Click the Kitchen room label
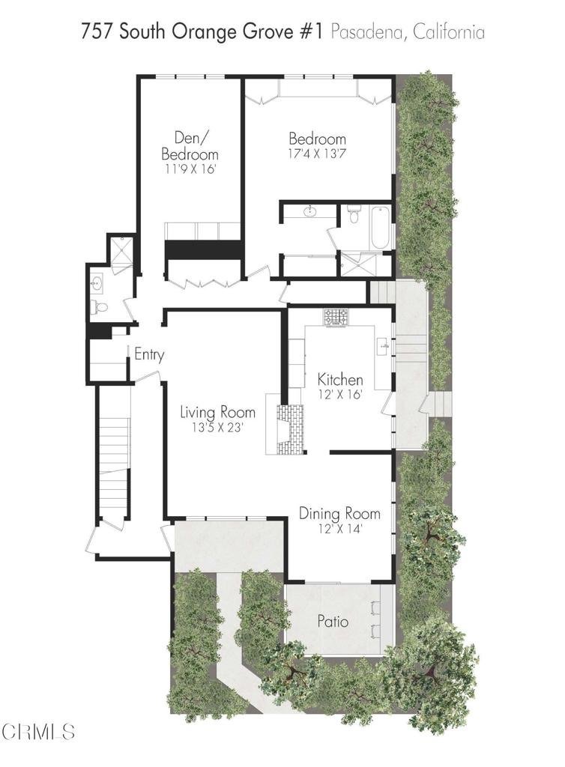pyautogui.click(x=340, y=380)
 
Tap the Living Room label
pyautogui.click(x=218, y=412)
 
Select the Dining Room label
pyautogui.click(x=339, y=514)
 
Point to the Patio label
pyautogui.click(x=333, y=621)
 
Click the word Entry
pyautogui.click(x=149, y=354)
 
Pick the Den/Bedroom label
pyautogui.click(x=190, y=146)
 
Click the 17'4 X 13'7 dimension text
pyautogui.click(x=318, y=153)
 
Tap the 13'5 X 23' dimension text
pyautogui.click(x=218, y=427)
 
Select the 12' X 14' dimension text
pyautogui.click(x=339, y=528)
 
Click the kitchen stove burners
pyautogui.click(x=336, y=317)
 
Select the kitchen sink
pyautogui.click(x=384, y=346)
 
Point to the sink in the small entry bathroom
pyautogui.click(x=97, y=282)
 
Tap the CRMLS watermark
pyautogui.click(x=37, y=732)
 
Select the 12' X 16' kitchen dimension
pyautogui.click(x=340, y=394)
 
